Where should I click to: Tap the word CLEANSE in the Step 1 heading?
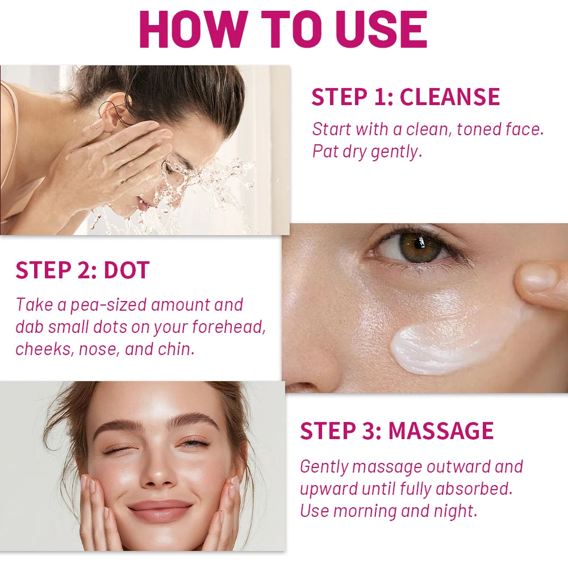[449, 97]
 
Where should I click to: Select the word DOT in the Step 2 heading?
[127, 270]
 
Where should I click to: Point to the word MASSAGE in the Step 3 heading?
[441, 431]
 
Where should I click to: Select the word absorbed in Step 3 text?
[474, 488]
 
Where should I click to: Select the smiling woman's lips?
[160, 511]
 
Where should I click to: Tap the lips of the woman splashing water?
[143, 203]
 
